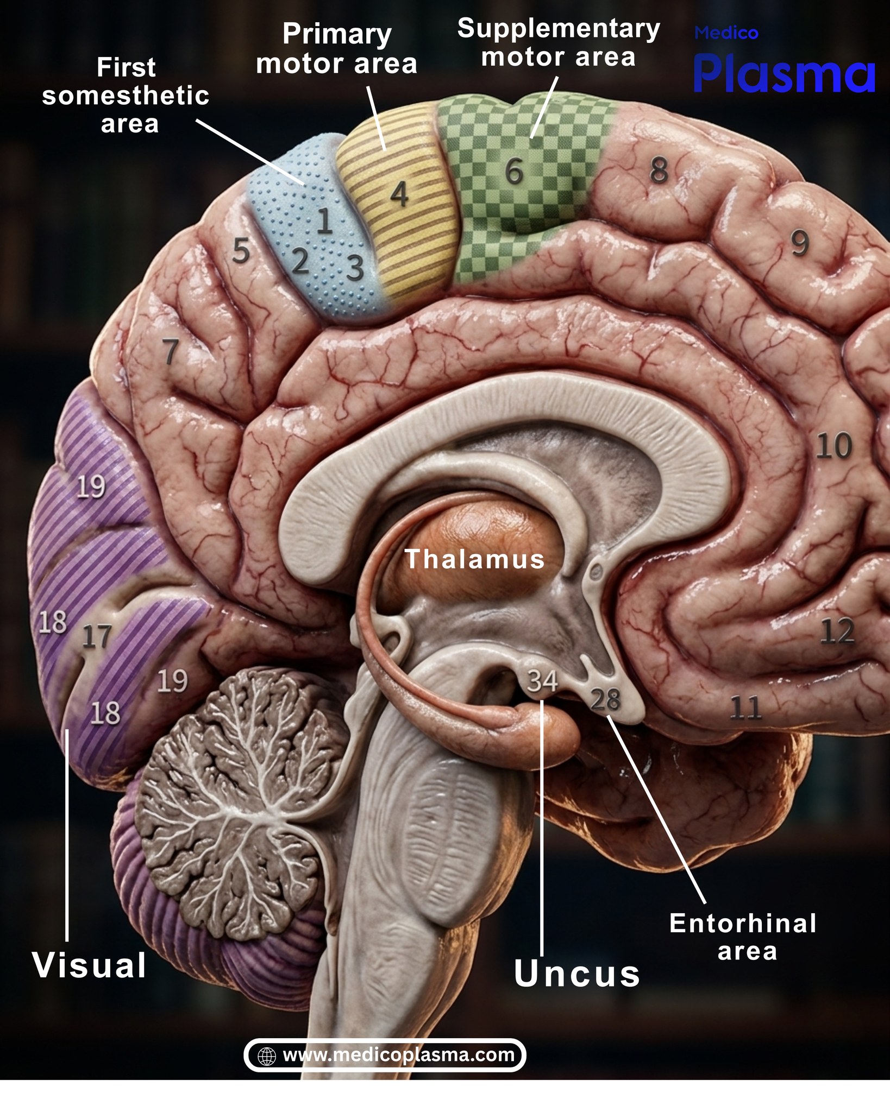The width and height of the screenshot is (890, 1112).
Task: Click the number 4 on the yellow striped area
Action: point(399,194)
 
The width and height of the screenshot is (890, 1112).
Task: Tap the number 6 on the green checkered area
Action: point(514,171)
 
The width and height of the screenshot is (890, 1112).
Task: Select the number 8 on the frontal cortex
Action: point(659,170)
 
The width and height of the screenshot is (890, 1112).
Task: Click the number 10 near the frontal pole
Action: point(834,446)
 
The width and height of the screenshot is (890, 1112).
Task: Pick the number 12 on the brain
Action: point(837,631)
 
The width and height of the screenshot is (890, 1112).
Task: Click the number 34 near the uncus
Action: point(542,681)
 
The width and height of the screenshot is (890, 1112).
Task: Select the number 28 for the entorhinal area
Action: point(605,699)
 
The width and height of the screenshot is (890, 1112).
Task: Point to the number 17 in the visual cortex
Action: point(97,636)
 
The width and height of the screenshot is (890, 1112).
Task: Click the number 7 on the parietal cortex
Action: point(171,351)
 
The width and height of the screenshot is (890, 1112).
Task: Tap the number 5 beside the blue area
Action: point(241,251)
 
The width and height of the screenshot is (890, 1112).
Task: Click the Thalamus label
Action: point(474,559)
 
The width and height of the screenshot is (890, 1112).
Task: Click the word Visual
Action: point(90,965)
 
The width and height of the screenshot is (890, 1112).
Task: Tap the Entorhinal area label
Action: point(743,937)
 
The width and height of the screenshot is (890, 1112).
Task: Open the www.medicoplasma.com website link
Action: point(398,1055)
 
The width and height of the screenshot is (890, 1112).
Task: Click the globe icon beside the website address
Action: point(267,1056)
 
